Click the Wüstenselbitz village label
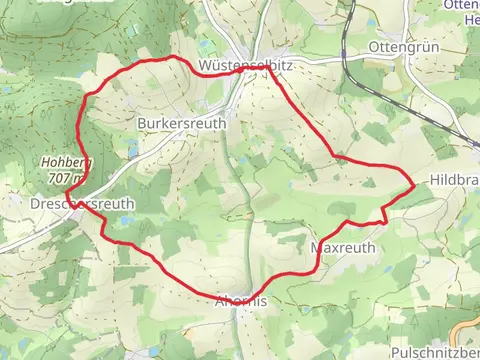(244, 64)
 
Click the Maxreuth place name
(343, 245)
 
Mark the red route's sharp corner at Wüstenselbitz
(269, 68)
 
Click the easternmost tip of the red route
(414, 182)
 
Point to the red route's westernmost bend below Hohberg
(66, 192)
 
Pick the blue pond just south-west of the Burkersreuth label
(133, 150)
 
